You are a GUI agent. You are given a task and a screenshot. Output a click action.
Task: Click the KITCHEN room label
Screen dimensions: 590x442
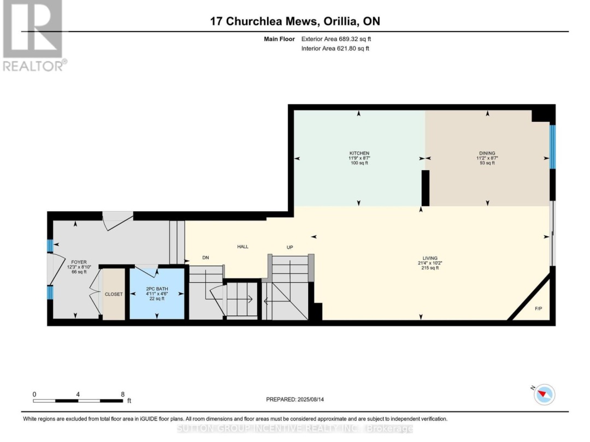[359, 153]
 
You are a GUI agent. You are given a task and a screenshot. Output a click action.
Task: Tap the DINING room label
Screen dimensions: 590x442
[487, 153]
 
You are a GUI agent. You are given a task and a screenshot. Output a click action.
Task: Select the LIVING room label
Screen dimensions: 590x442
[430, 258]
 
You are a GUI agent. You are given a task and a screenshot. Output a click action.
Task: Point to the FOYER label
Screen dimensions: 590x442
[79, 262]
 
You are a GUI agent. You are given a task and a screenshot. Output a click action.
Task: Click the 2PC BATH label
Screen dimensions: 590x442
[157, 289]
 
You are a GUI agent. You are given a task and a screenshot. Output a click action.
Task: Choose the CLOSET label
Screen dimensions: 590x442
[114, 294]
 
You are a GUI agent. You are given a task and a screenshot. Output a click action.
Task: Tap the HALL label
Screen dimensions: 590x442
[243, 247]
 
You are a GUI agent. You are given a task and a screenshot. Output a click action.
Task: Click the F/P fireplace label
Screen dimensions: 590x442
[539, 308]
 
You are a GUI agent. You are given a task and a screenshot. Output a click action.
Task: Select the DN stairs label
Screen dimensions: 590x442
[205, 258]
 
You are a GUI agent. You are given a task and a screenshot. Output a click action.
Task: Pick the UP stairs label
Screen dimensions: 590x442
[290, 247]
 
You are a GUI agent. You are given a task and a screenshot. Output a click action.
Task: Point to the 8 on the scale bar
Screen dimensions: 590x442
[123, 395]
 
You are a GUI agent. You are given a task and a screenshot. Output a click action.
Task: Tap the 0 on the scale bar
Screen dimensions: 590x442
[34, 395]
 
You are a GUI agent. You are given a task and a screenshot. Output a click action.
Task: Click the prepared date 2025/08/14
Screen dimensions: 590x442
[310, 399]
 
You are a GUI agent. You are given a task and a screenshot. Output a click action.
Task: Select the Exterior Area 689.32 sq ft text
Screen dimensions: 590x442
[336, 39]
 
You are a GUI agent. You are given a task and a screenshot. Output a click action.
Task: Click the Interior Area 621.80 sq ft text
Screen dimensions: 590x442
[335, 48]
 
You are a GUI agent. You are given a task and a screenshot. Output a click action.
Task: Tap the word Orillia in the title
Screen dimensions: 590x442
[340, 21]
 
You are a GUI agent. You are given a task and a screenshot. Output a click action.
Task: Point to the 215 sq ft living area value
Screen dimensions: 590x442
[430, 268]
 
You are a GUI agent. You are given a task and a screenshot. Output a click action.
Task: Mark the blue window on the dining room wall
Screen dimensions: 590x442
[552, 147]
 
